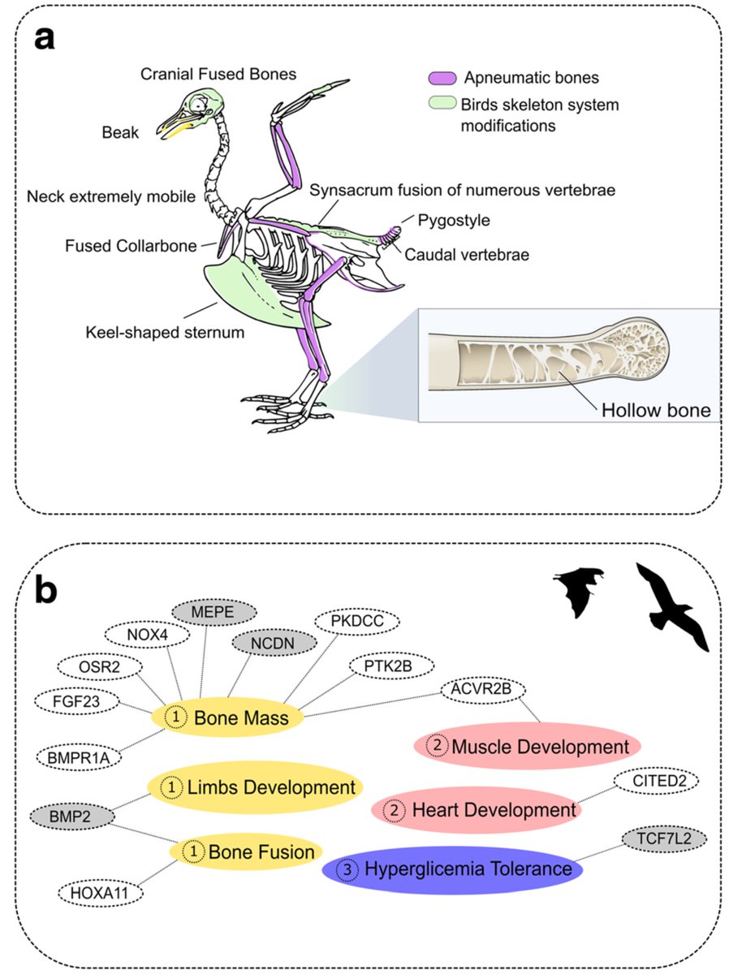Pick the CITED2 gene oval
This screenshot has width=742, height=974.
click(x=655, y=782)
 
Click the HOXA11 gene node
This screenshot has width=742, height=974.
click(x=98, y=894)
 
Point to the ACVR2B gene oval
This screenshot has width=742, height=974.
click(x=484, y=689)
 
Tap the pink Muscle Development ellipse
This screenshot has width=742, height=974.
click(x=527, y=745)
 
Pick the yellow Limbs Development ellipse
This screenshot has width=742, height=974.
click(x=254, y=787)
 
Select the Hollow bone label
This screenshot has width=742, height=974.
click(x=655, y=410)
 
